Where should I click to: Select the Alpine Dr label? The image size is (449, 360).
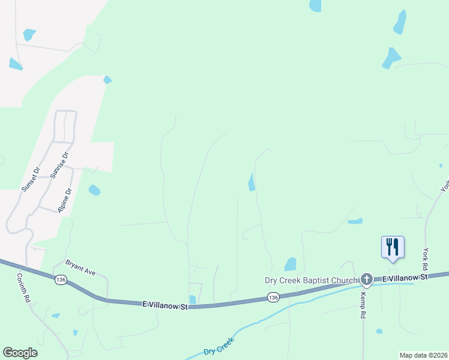64,200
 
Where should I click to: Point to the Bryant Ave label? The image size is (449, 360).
80,268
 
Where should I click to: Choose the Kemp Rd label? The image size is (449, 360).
363,306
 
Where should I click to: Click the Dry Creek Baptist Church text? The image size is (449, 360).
312,280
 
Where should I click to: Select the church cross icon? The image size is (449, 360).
366,279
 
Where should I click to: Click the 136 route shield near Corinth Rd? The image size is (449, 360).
59,280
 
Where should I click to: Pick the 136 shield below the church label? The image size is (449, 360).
273,297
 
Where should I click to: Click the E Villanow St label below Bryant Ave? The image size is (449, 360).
165,305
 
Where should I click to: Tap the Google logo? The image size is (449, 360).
20,353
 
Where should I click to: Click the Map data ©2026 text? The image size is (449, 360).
423,355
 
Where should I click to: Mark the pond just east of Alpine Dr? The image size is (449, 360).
94,190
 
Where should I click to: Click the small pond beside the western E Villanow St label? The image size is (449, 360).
192,299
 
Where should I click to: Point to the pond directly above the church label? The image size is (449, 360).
291,264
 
